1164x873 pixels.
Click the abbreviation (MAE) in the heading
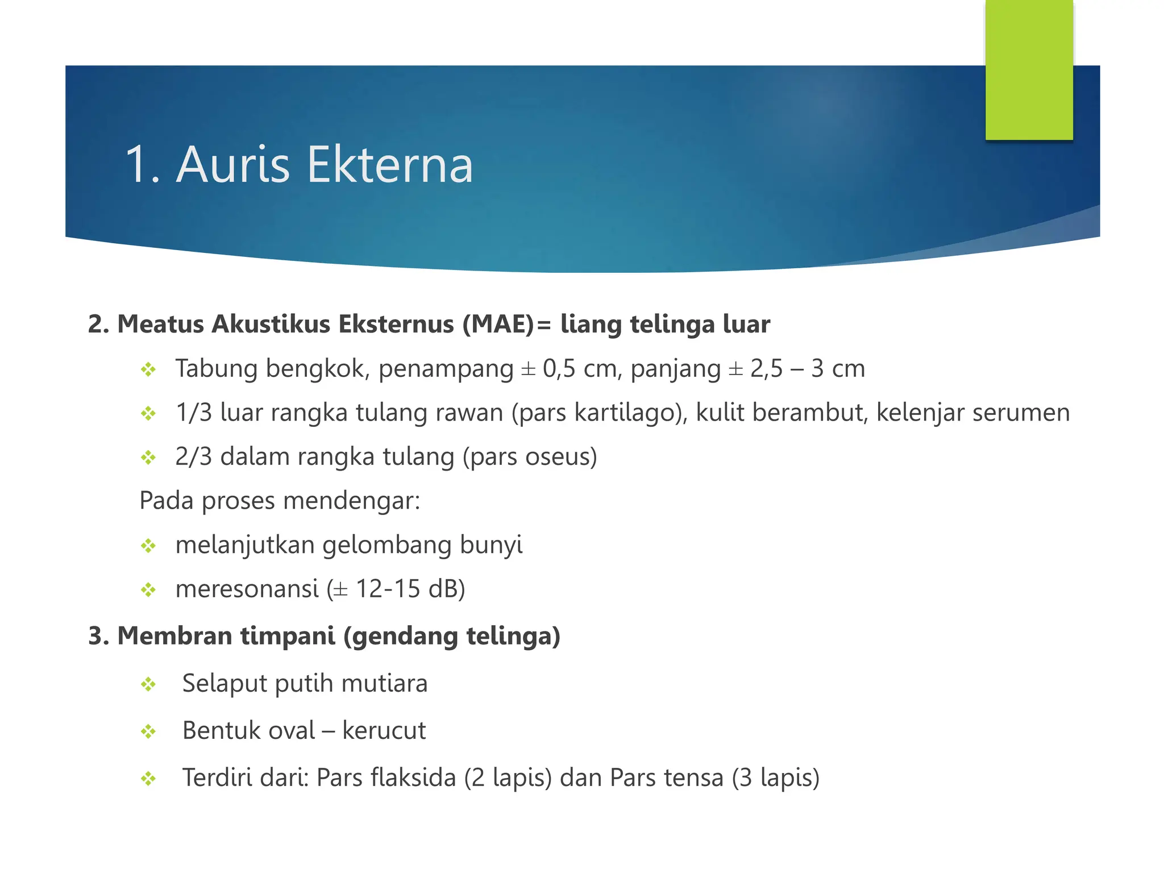(498, 325)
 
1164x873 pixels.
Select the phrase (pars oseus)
(530, 457)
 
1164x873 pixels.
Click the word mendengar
(351, 501)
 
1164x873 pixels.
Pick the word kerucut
(384, 731)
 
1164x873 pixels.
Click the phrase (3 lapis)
(775, 778)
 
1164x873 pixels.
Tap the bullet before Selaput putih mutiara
(148, 684)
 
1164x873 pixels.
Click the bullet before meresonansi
(148, 590)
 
